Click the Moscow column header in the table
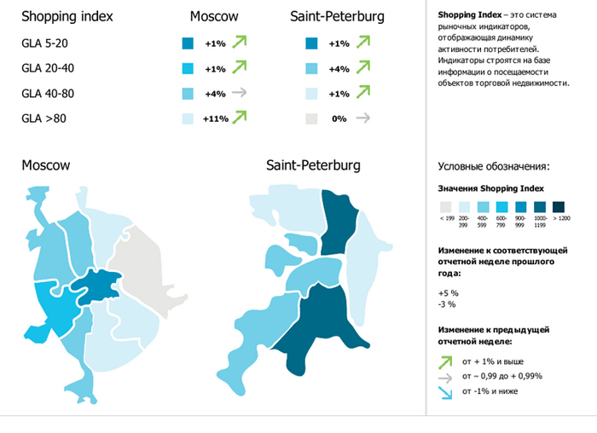(x=213, y=17)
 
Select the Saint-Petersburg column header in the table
(x=336, y=17)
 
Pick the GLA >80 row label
(x=43, y=118)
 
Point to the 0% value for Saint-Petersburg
(x=339, y=119)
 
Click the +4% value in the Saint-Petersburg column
(x=339, y=69)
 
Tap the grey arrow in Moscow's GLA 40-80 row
(x=239, y=94)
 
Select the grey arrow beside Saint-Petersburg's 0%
(x=363, y=118)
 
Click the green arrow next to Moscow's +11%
(x=240, y=118)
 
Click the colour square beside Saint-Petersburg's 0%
(x=311, y=119)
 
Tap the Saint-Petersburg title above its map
(x=313, y=165)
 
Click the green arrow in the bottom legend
(x=445, y=360)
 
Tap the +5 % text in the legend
(x=447, y=292)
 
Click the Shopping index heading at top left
(x=67, y=17)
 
